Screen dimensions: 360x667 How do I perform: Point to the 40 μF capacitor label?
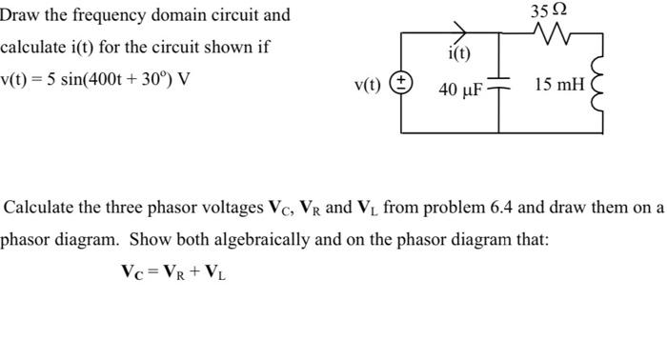point(460,90)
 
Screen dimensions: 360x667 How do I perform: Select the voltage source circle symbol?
point(401,84)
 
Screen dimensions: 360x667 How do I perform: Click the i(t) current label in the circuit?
point(459,54)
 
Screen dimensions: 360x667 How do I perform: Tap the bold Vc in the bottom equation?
point(132,270)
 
